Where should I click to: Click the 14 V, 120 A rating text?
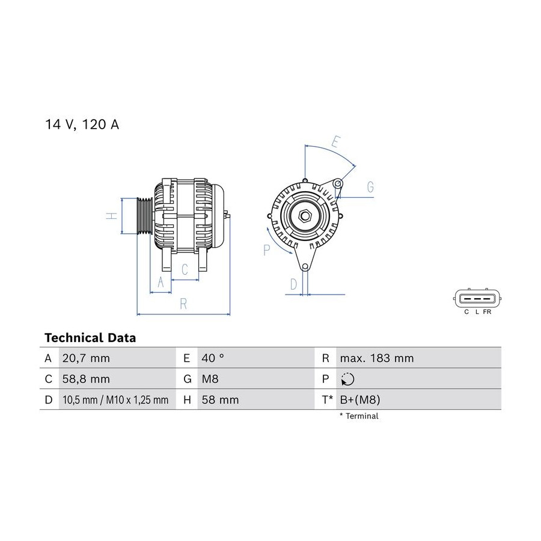tap(82, 124)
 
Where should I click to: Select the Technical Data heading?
tap(90, 338)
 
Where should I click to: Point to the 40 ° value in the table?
tap(213, 358)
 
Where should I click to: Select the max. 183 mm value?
tap(377, 358)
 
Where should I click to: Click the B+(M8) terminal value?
tap(360, 400)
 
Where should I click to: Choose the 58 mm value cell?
tap(220, 400)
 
